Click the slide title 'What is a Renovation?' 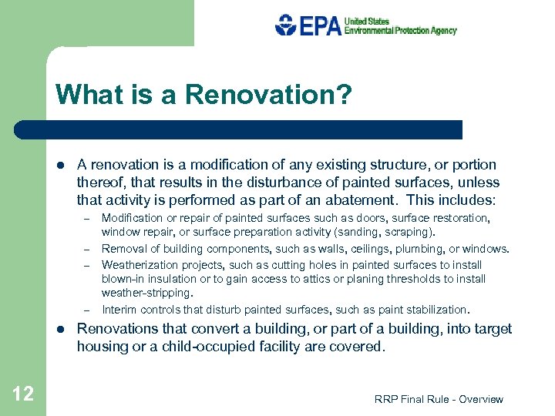click(x=203, y=96)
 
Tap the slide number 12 click(x=23, y=394)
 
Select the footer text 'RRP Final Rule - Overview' click(x=438, y=399)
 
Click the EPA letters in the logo click(x=320, y=25)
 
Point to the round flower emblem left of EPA click(x=286, y=25)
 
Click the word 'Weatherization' click(x=138, y=264)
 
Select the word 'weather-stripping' click(x=146, y=294)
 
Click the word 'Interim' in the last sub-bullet click(x=119, y=310)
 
